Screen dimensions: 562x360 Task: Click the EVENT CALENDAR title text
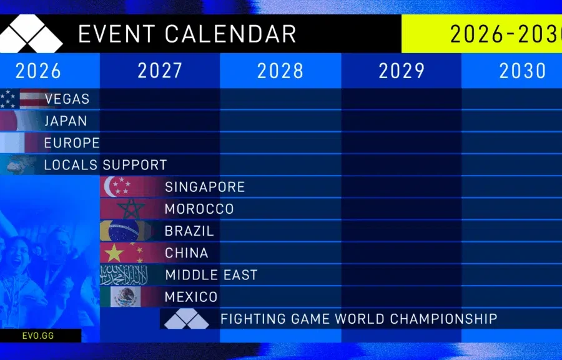pos(187,34)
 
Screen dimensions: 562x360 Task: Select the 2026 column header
pos(38,71)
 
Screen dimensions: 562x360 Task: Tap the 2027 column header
pos(160,71)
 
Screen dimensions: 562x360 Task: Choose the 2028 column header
pos(280,71)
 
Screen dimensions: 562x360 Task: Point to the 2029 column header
pos(402,71)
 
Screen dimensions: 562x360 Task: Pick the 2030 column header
pos(523,71)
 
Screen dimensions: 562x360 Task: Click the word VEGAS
pos(67,99)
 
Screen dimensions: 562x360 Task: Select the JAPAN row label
pos(66,121)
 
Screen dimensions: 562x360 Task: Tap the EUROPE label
pos(72,143)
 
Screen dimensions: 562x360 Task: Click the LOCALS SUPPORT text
pos(106,165)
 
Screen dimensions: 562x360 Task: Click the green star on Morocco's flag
pos(131,209)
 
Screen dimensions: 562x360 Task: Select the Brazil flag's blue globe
pos(124,231)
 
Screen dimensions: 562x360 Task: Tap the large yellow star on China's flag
pos(114,253)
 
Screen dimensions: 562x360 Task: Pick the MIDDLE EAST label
pos(212,275)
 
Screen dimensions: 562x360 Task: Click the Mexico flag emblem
pos(125,296)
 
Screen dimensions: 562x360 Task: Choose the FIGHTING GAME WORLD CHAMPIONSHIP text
pos(359,319)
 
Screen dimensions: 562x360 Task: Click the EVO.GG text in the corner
pos(38,336)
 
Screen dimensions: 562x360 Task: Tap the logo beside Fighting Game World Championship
pos(186,318)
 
